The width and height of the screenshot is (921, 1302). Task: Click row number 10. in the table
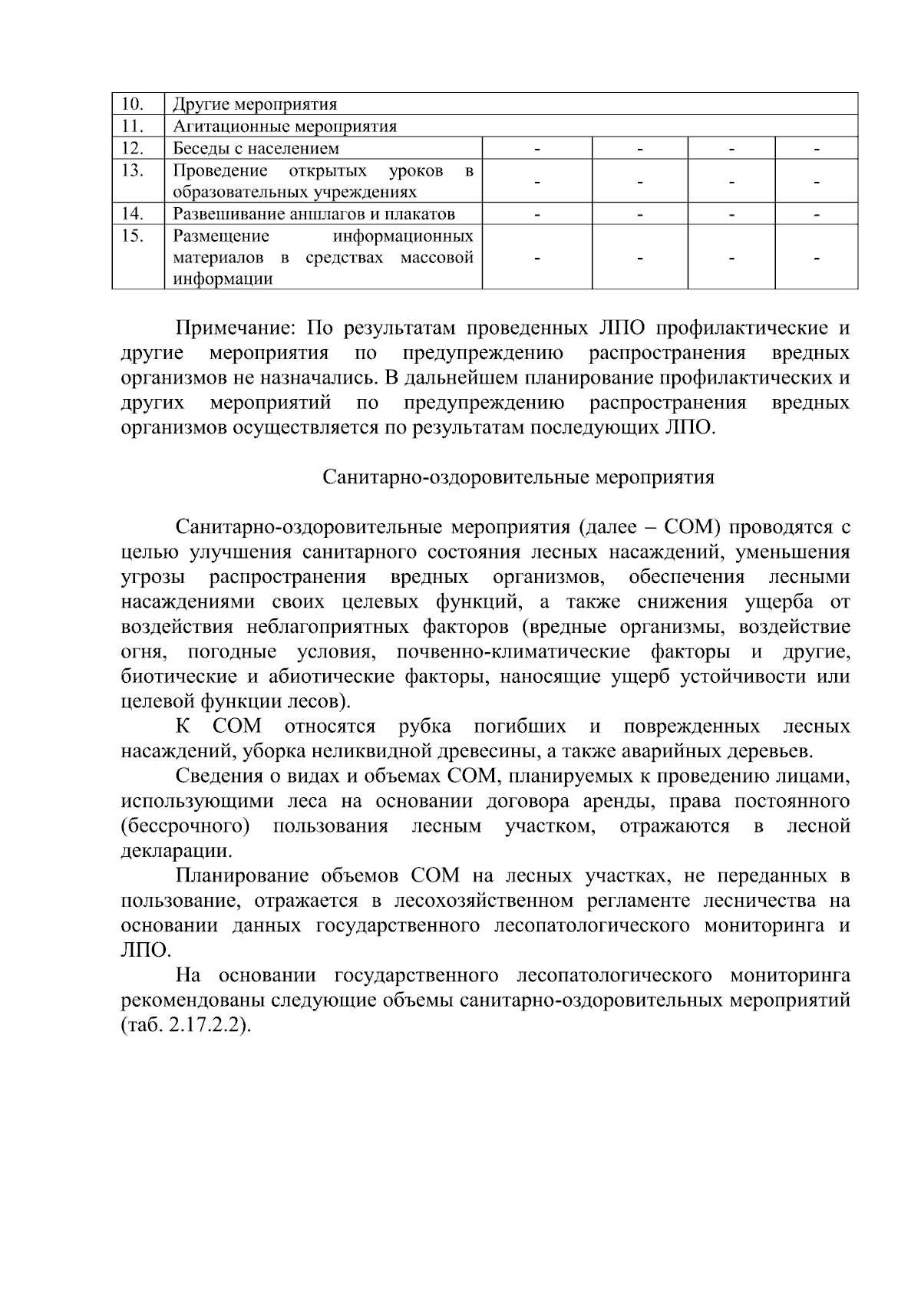tap(134, 104)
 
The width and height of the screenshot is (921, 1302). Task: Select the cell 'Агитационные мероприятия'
tap(285, 127)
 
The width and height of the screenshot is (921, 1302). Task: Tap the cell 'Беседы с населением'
tap(256, 148)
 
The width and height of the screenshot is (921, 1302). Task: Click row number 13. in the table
tap(134, 170)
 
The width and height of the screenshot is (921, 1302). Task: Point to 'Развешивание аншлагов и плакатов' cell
tap(314, 214)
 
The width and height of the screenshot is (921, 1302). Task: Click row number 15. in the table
tap(134, 236)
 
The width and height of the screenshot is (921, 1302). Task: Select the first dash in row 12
tap(537, 148)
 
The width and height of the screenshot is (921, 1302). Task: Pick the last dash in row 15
tap(817, 259)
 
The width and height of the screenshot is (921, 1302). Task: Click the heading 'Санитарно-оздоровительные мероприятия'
tap(518, 478)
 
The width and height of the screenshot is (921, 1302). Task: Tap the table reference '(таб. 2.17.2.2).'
tap(187, 1026)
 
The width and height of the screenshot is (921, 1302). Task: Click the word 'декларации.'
tap(177, 851)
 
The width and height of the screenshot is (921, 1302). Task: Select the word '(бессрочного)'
tap(186, 826)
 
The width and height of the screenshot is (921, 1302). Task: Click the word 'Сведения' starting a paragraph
tap(219, 776)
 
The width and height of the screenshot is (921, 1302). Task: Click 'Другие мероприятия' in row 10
tap(255, 104)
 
